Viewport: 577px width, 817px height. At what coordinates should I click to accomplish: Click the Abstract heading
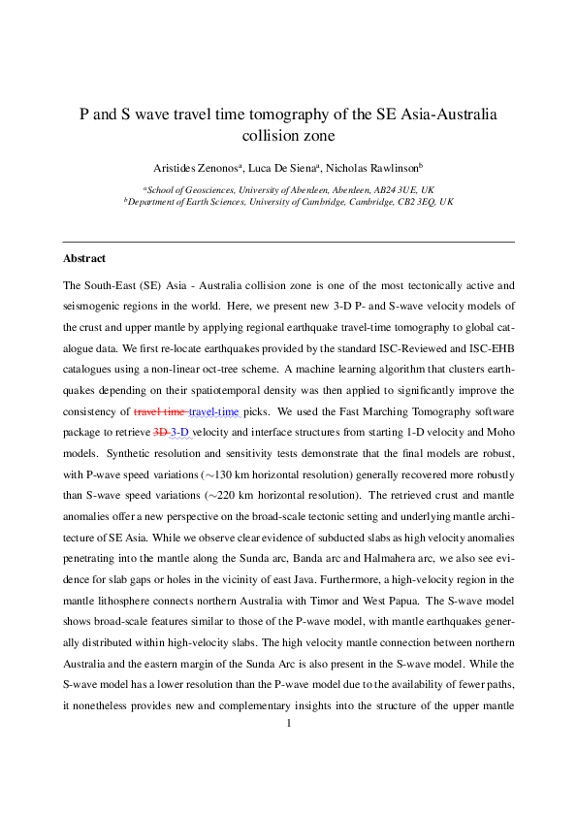coord(84,259)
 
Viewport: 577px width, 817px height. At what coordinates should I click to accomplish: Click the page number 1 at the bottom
coord(289,749)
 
